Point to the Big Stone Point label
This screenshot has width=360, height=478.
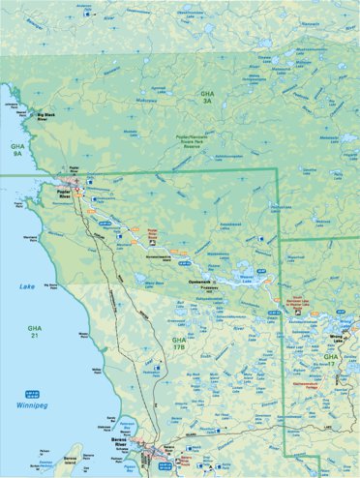point(49,286)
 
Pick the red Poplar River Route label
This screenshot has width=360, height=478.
point(152,232)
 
